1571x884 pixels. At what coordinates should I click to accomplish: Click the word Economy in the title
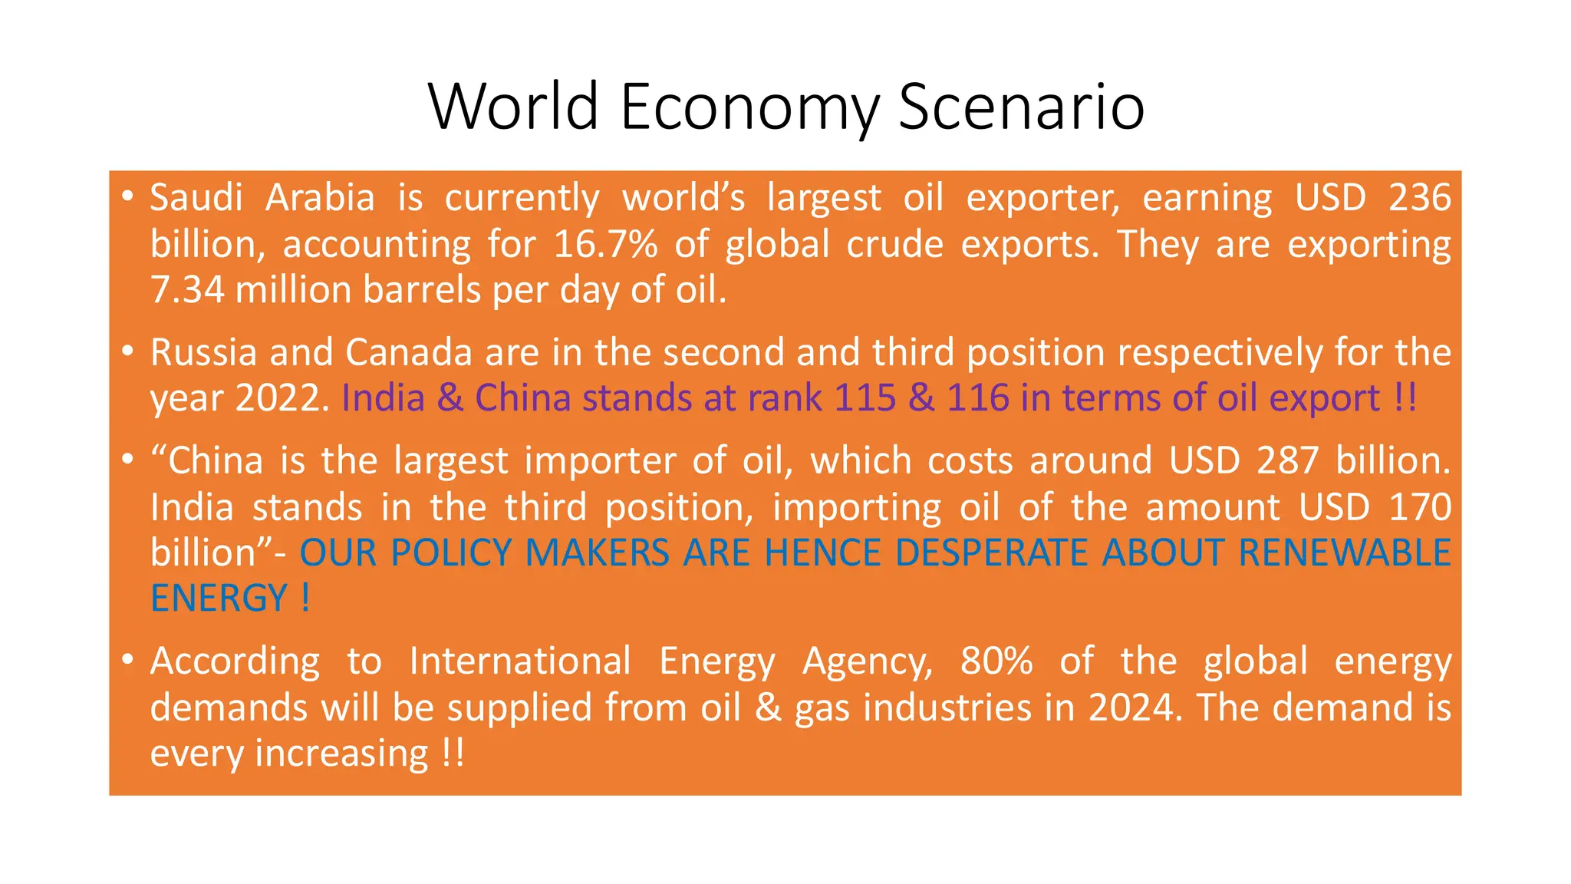(x=749, y=107)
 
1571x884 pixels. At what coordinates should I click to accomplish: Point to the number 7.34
(x=187, y=290)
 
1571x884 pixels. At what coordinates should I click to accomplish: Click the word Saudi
(x=196, y=198)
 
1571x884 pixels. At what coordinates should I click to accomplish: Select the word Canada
(x=408, y=353)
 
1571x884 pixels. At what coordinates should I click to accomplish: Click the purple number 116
(x=978, y=399)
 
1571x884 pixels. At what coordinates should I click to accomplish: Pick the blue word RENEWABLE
(x=1344, y=553)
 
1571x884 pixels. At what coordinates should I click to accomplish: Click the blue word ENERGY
(x=219, y=599)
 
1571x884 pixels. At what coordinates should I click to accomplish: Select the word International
(x=519, y=661)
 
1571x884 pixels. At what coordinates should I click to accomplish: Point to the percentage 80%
(x=996, y=661)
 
